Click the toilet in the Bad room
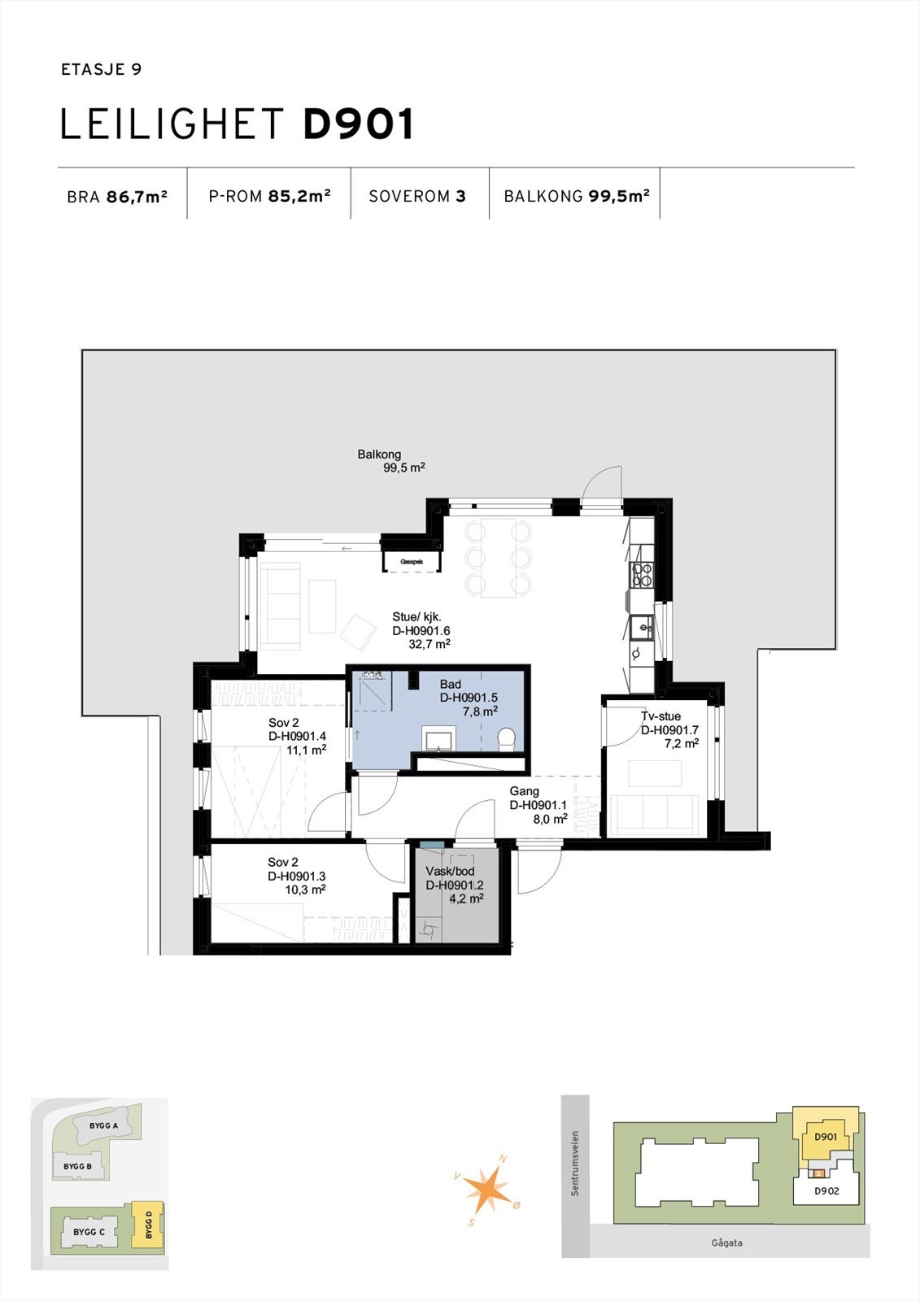[506, 738]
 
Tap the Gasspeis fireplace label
[412, 562]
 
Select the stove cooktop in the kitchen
[642, 575]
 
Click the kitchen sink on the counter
[642, 627]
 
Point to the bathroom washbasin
[440, 738]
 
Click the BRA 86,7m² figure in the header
[117, 197]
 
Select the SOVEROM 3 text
[417, 197]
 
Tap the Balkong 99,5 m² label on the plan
[390, 461]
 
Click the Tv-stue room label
[661, 716]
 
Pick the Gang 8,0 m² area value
[550, 820]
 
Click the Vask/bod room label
[450, 871]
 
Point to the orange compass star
[488, 1187]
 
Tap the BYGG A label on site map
[104, 1125]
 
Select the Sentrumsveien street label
[575, 1163]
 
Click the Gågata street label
[726, 1242]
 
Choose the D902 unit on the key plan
[826, 1190]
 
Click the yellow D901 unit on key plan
[825, 1136]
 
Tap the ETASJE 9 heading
[101, 70]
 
